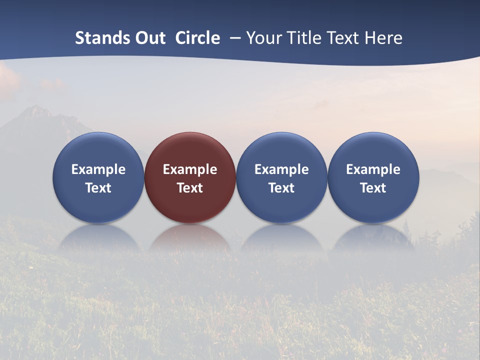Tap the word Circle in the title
[x=197, y=38]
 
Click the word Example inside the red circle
[x=190, y=169]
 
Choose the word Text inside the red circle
[x=190, y=188]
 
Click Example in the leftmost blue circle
[x=98, y=169]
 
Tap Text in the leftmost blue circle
[x=98, y=188]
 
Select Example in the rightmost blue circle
[x=373, y=169]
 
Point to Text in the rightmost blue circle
[x=373, y=188]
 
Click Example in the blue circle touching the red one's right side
[x=281, y=169]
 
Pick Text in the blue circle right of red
[x=281, y=188]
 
